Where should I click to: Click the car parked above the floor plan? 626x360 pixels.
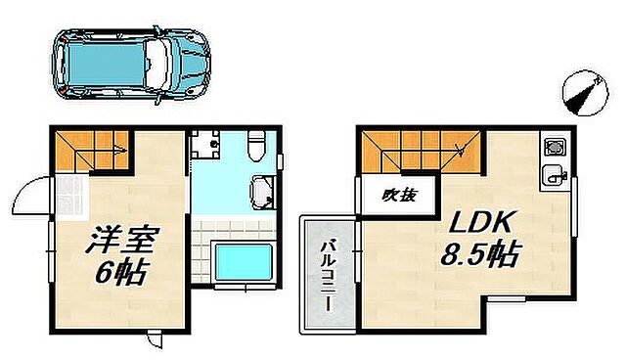pos(130,63)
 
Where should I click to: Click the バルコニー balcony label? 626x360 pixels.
pos(328,272)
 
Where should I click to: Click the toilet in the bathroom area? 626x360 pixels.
pos(256,145)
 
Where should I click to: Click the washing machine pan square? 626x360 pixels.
pos(207,146)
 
